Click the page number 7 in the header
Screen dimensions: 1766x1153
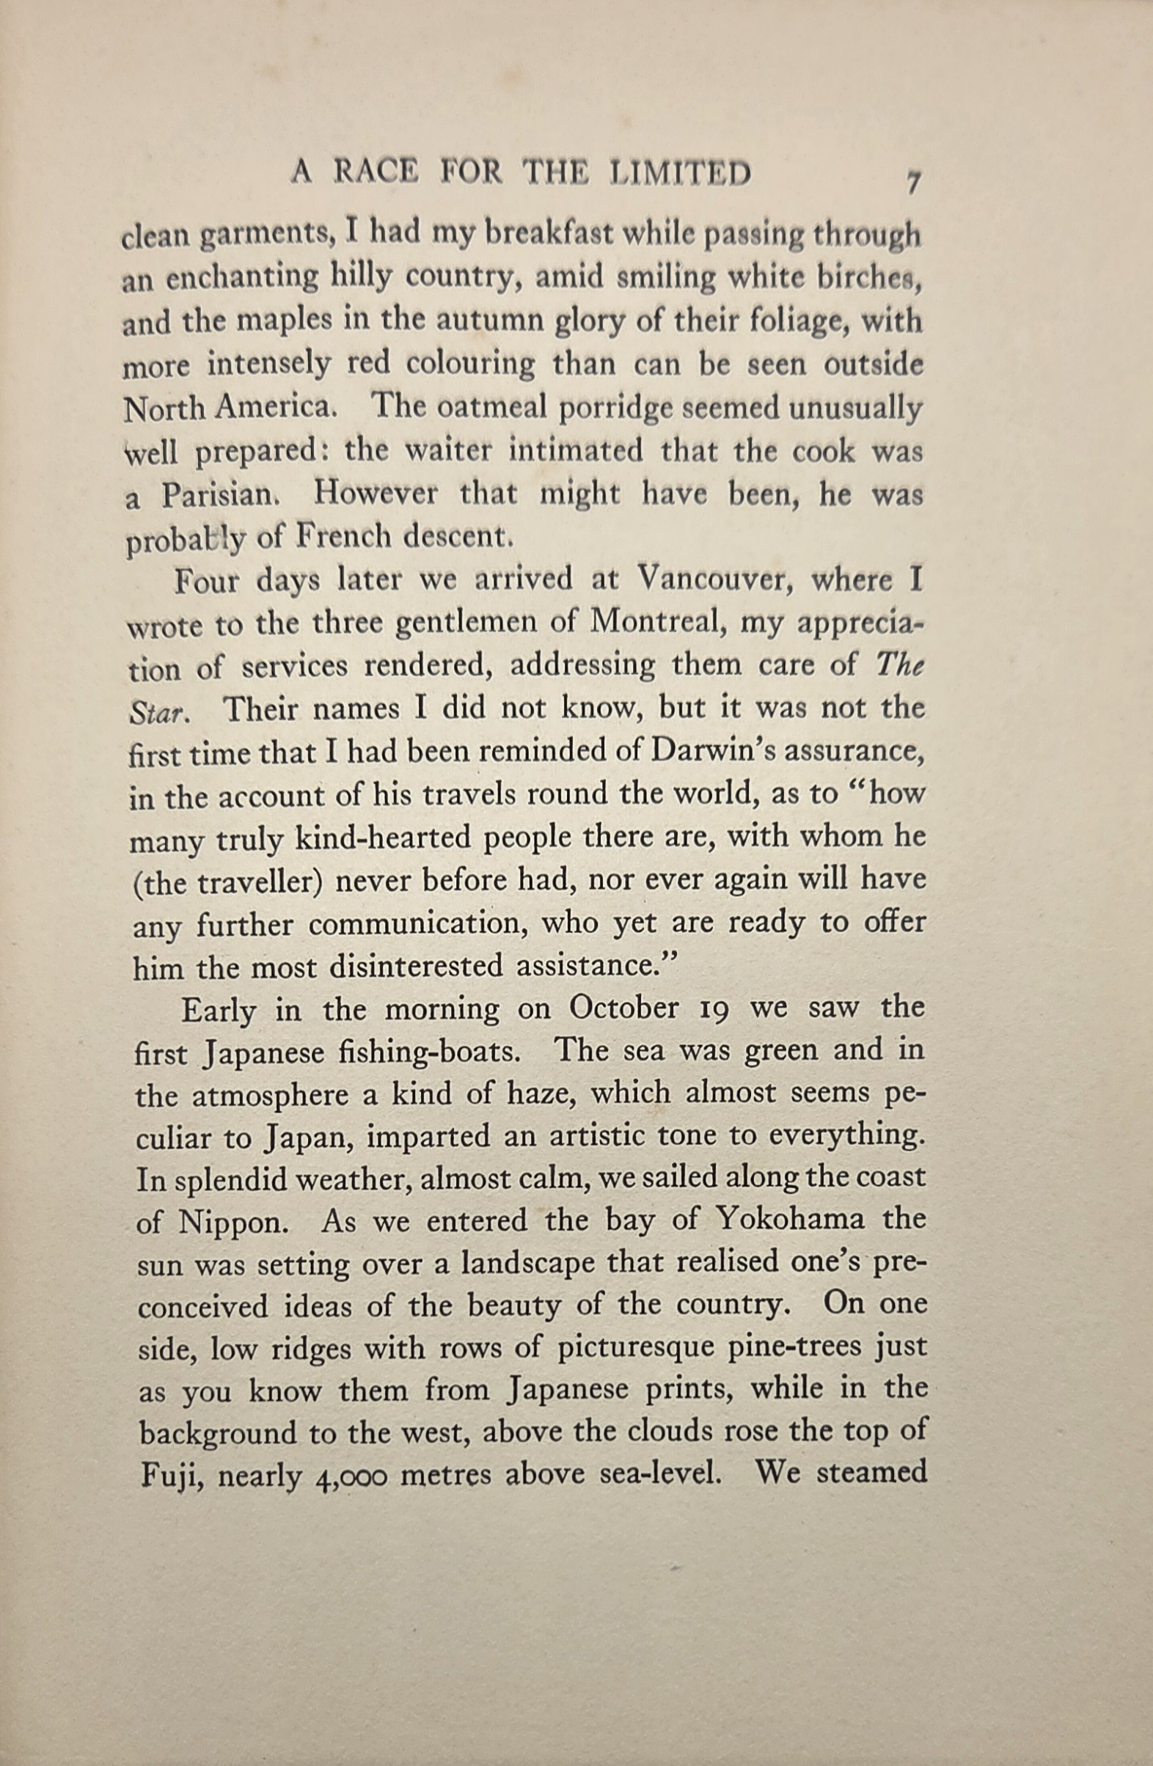point(913,182)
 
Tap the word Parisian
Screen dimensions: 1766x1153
point(219,496)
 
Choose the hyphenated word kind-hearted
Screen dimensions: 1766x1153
point(384,838)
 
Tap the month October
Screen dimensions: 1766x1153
point(624,1008)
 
